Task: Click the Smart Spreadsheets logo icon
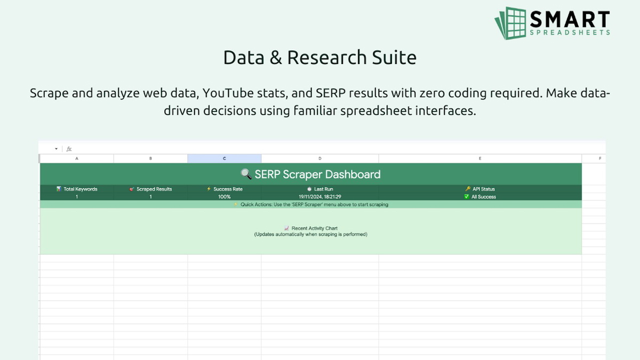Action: click(510, 22)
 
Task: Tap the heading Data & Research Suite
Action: click(319, 58)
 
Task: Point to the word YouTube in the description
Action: click(230, 93)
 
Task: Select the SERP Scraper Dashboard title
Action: click(317, 174)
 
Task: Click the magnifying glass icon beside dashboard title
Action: click(246, 174)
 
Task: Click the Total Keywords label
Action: click(80, 189)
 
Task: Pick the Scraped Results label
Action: click(154, 189)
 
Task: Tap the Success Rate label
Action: click(228, 189)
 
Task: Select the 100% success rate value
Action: click(224, 197)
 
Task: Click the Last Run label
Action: click(323, 189)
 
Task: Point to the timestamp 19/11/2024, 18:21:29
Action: click(319, 197)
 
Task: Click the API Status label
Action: click(483, 189)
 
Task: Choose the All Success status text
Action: click(483, 197)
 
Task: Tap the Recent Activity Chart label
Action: click(314, 228)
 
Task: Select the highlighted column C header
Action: click(224, 158)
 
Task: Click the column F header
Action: click(600, 158)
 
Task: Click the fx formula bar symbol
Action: click(69, 149)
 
